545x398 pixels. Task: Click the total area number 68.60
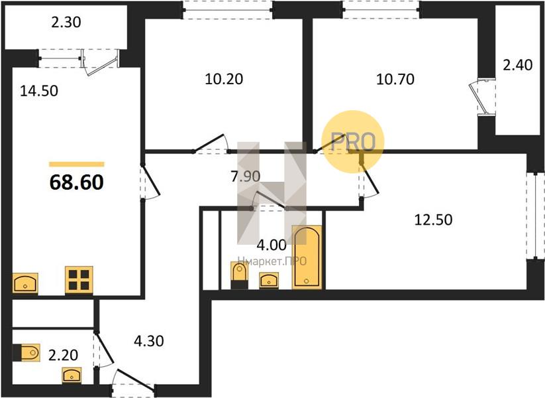click(x=76, y=182)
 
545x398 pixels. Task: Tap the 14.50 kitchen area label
click(x=39, y=92)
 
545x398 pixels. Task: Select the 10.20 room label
click(x=224, y=80)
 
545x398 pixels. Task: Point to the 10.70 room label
click(x=395, y=80)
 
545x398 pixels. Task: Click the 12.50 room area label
click(x=434, y=220)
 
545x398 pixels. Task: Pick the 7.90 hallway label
click(x=246, y=176)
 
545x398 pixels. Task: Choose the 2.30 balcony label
click(x=66, y=23)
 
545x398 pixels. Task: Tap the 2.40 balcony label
click(x=518, y=65)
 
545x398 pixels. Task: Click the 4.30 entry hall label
click(x=149, y=341)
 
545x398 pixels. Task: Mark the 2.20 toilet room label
click(x=63, y=355)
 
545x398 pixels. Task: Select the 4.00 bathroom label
click(x=272, y=245)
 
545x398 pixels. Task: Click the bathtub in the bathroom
click(x=307, y=257)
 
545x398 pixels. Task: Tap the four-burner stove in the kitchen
click(x=79, y=280)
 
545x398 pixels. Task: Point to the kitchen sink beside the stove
click(x=25, y=283)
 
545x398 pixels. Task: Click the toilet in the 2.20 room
click(x=26, y=353)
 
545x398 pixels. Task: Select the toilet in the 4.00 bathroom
click(x=240, y=275)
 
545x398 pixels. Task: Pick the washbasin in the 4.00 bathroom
click(x=269, y=281)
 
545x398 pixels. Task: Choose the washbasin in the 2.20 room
click(x=72, y=375)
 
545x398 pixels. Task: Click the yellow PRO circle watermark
click(x=353, y=142)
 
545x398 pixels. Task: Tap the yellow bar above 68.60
click(x=76, y=165)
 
